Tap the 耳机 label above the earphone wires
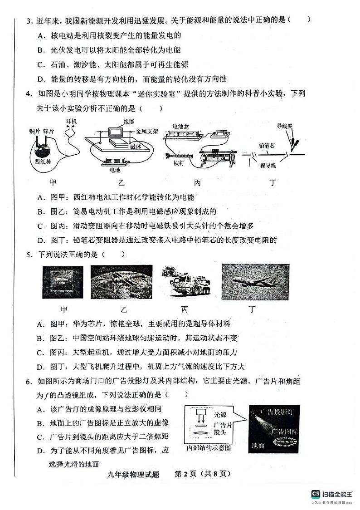click(72, 122)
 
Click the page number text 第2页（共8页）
click(203, 474)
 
